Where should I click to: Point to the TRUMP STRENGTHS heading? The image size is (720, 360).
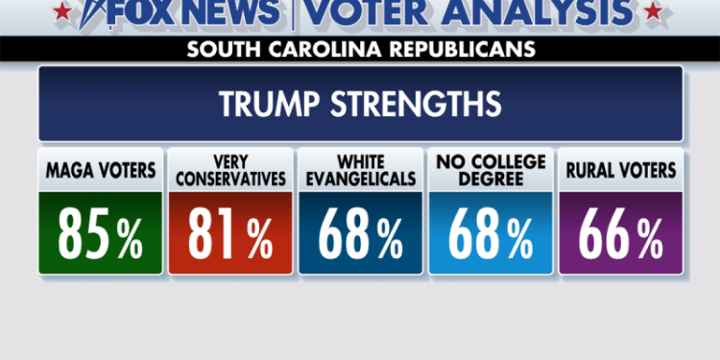tap(360, 104)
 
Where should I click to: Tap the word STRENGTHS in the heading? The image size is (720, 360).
tap(411, 104)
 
